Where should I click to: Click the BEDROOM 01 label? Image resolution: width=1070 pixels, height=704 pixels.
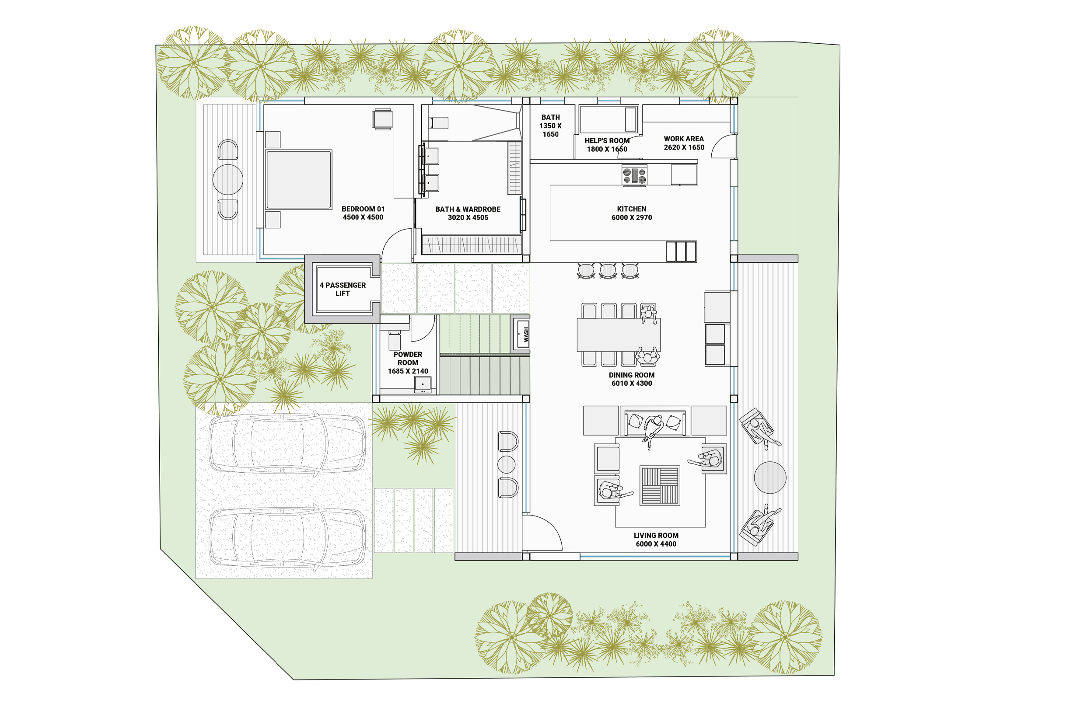tap(363, 213)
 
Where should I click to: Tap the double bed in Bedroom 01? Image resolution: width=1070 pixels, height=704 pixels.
tap(298, 180)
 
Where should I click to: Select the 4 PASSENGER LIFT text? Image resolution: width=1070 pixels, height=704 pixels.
tap(343, 289)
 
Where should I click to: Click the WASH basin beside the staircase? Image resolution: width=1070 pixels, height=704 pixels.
tap(521, 334)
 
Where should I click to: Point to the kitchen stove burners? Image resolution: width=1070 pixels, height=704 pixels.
tap(634, 175)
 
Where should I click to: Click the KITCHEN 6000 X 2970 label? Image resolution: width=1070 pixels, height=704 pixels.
tap(632, 213)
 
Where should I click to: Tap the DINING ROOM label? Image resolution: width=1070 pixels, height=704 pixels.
tap(632, 379)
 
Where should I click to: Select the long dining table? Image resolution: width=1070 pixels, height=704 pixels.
tap(619, 335)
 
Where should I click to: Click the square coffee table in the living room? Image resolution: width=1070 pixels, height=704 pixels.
tap(660, 485)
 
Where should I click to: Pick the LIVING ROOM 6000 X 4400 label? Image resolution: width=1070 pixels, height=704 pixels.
tap(656, 539)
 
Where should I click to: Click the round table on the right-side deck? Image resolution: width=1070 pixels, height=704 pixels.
tap(770, 477)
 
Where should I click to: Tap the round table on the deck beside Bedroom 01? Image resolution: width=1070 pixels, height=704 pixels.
tap(228, 180)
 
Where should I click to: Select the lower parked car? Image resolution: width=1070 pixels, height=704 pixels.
tap(287, 537)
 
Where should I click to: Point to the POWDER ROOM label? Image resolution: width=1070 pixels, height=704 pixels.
tap(408, 362)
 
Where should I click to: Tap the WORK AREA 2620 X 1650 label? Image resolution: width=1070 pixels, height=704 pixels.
tap(684, 143)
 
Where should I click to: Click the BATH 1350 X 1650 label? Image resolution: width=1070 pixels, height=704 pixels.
tap(550, 126)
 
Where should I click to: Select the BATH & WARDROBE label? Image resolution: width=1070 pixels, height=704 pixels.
tap(468, 213)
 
